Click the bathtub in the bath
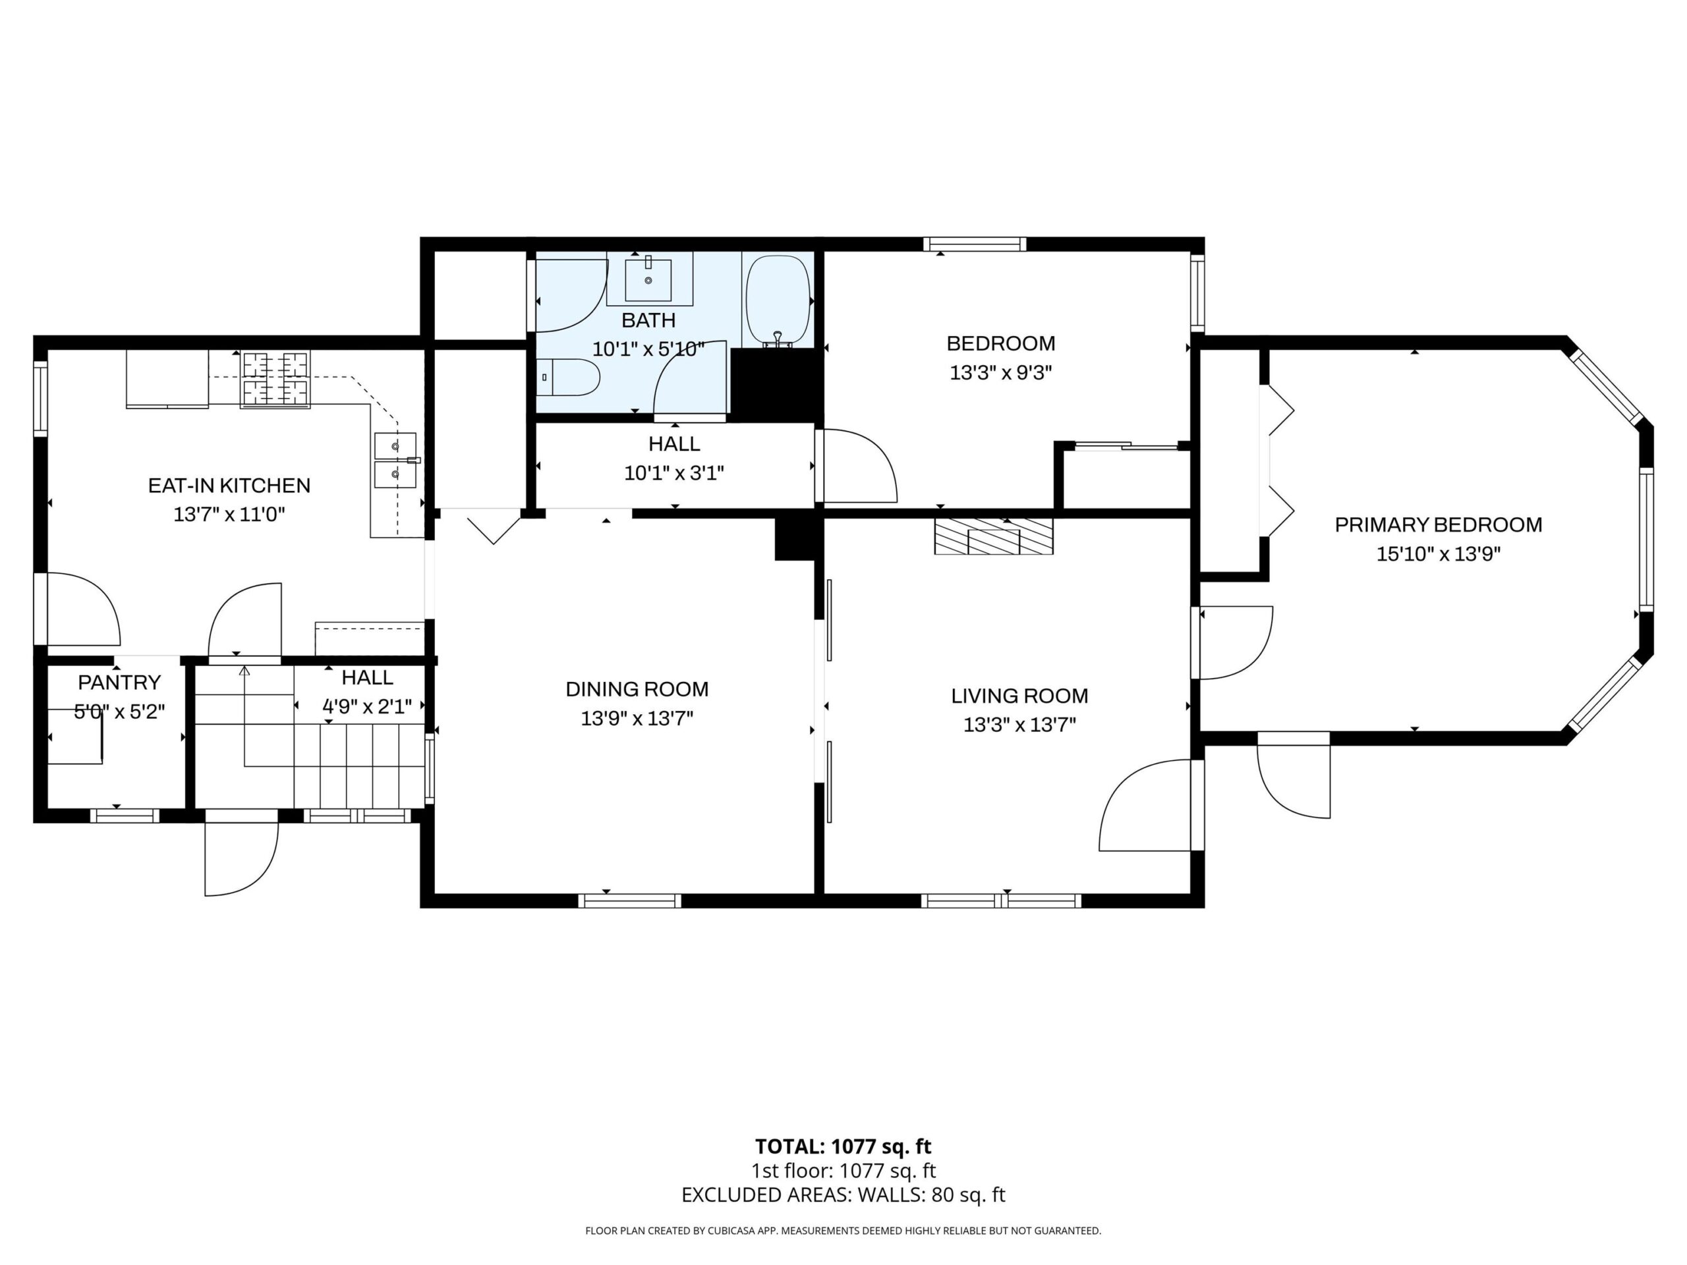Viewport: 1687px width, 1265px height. [777, 301]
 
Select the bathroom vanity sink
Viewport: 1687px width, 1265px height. [648, 280]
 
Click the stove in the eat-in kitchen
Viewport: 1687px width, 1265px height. [275, 379]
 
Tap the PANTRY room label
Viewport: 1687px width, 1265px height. [120, 682]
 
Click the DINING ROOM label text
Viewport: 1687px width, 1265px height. [637, 689]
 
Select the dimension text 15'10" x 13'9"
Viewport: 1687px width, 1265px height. [1439, 554]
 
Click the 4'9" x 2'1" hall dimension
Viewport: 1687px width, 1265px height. [367, 707]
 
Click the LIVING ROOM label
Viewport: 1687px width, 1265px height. [1019, 695]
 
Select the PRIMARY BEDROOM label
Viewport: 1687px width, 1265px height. [1439, 524]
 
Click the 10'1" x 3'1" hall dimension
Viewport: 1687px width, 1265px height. [674, 474]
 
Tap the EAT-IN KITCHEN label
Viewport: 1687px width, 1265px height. [229, 485]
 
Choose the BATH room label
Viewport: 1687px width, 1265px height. [648, 320]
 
